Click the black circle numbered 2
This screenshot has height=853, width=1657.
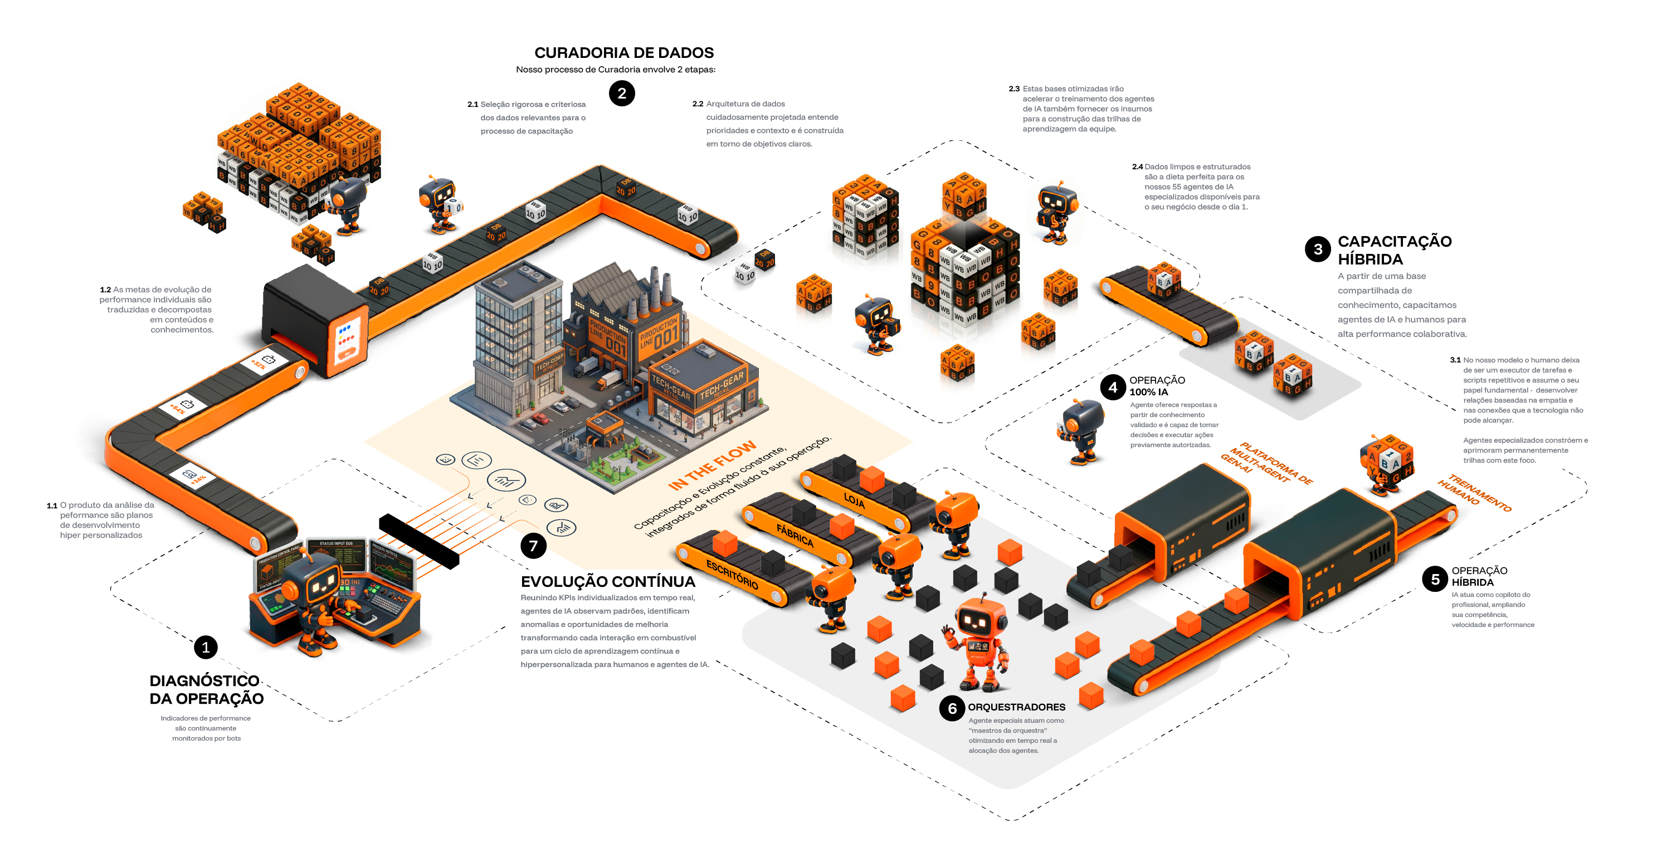click(x=621, y=93)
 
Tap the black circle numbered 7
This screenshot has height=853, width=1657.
click(x=533, y=546)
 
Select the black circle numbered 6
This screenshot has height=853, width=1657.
click(x=952, y=708)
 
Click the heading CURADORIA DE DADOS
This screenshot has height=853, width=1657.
click(x=624, y=53)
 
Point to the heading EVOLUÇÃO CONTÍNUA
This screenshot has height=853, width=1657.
click(x=608, y=582)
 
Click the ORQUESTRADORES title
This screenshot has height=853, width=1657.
click(x=1016, y=707)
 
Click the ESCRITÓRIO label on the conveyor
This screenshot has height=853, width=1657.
click(x=732, y=574)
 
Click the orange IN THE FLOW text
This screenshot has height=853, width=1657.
click(x=711, y=465)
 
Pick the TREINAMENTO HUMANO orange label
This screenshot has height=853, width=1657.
click(x=1474, y=492)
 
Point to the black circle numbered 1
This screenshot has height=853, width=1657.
click(x=206, y=648)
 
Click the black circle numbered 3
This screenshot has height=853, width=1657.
click(x=1317, y=249)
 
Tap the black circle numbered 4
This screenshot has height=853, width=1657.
click(x=1113, y=387)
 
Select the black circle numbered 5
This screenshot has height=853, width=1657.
click(x=1435, y=579)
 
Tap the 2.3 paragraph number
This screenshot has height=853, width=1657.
click(x=1013, y=89)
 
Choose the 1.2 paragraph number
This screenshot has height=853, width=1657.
click(x=105, y=290)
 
